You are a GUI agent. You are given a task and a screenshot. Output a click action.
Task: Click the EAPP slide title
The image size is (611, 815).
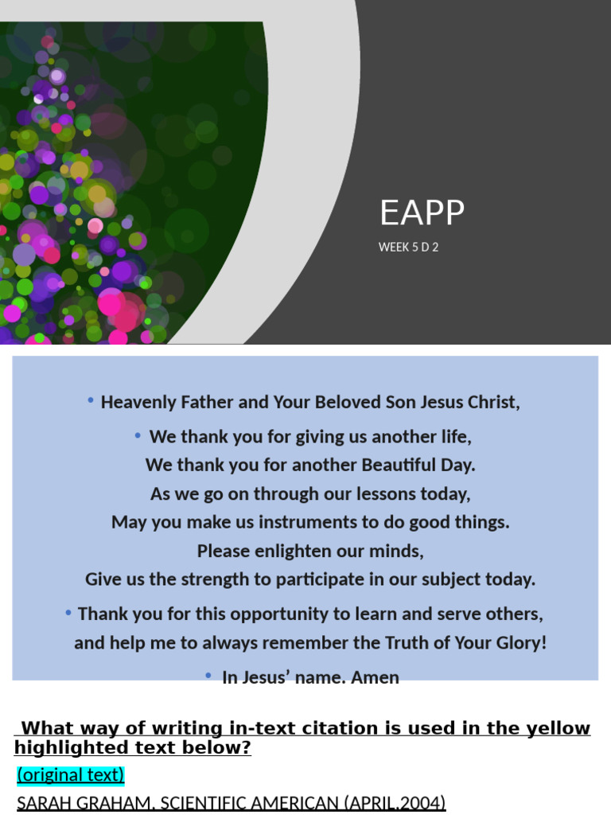pos(422,213)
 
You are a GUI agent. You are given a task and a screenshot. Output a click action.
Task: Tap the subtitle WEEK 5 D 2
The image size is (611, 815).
pos(408,247)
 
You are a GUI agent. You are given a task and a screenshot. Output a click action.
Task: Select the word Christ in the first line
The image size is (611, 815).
pos(492,402)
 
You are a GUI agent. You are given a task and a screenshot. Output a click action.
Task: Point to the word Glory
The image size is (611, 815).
pos(517,643)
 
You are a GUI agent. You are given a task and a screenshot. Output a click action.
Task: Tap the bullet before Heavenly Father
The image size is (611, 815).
pos(91,400)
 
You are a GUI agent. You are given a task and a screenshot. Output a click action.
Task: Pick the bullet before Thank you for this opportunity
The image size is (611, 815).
pos(69,613)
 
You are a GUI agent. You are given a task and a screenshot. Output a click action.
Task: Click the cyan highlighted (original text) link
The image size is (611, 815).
pos(71,775)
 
